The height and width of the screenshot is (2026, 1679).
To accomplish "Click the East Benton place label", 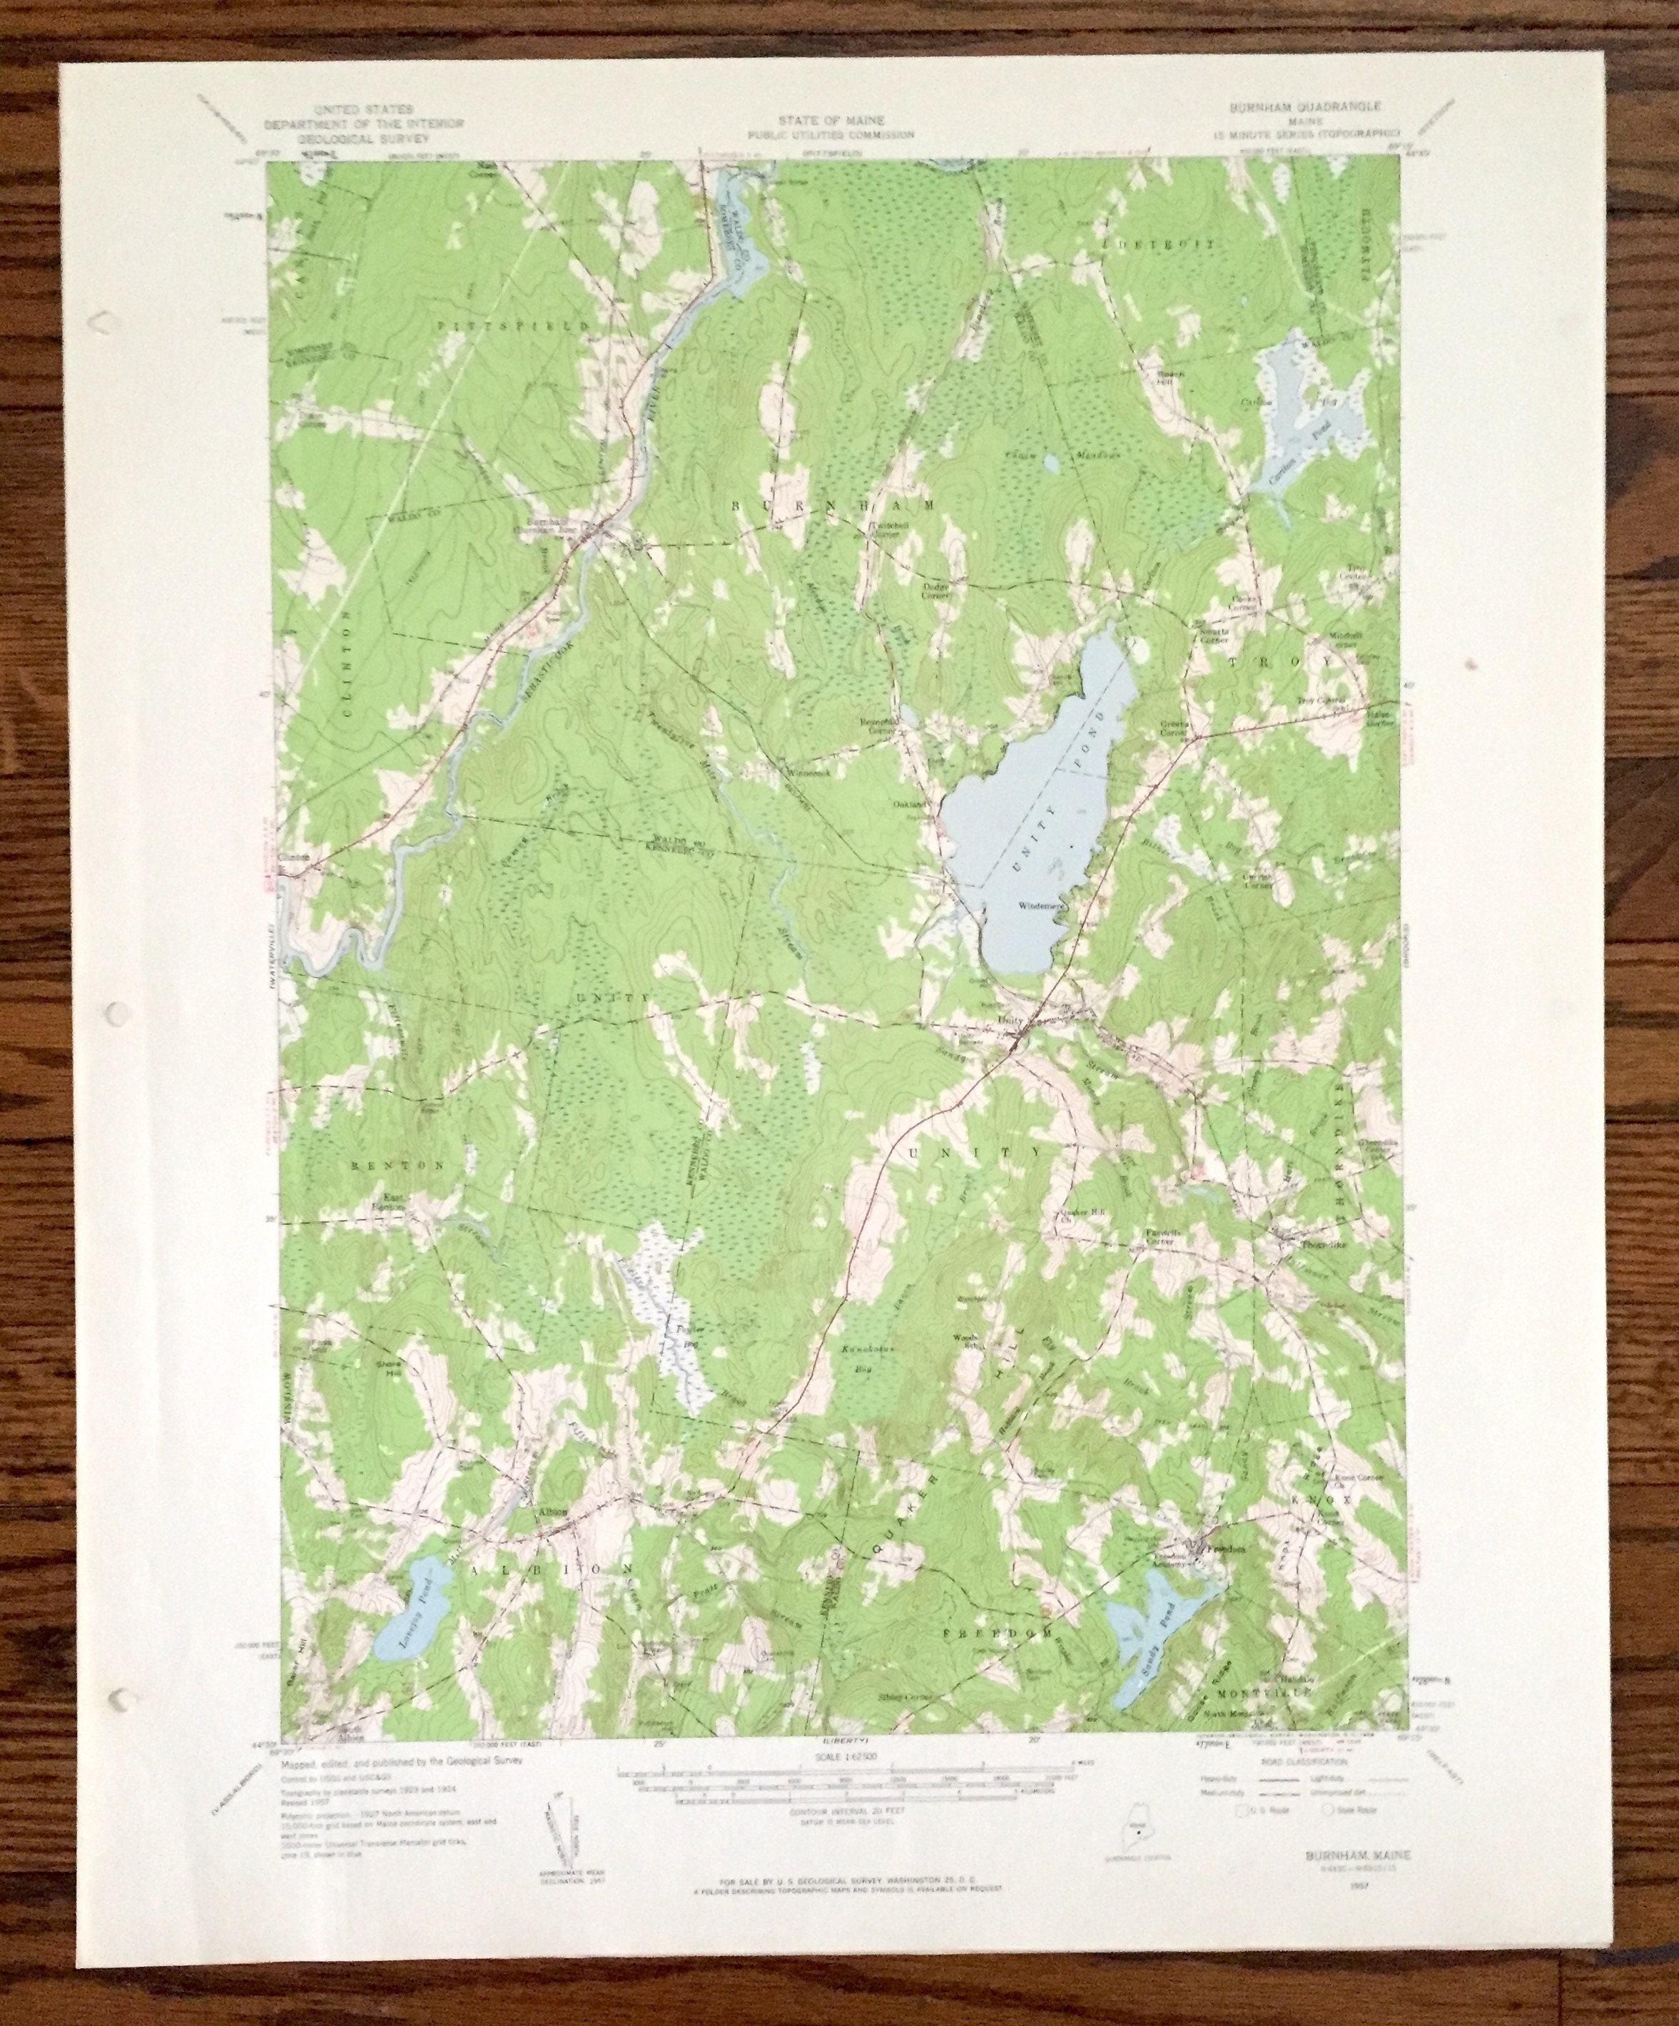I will pyautogui.click(x=392, y=1202).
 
